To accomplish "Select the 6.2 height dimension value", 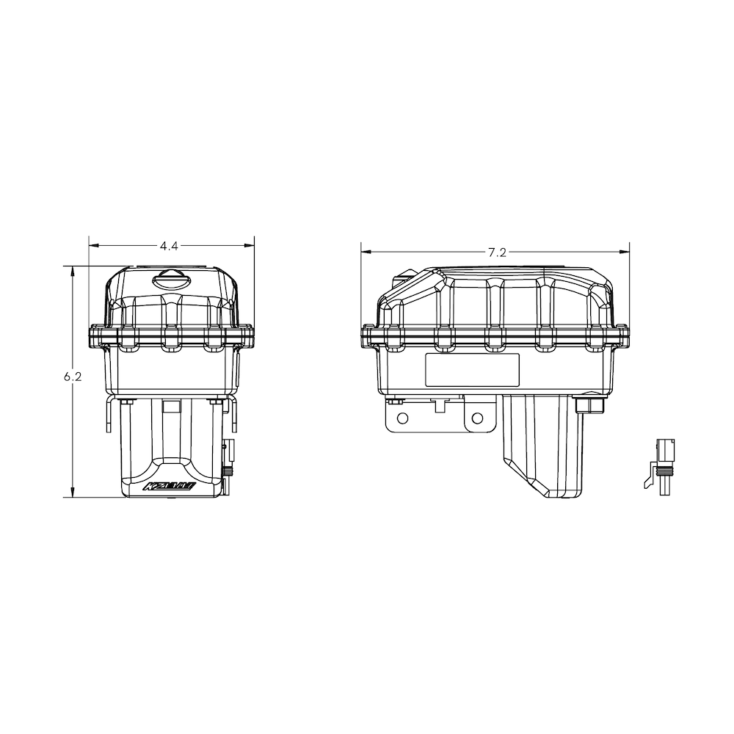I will [x=72, y=377].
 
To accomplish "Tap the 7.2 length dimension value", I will [x=497, y=252].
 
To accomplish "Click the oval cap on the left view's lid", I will [x=170, y=279].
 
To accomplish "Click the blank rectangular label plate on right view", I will [x=473, y=368].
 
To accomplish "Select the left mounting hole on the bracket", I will [x=401, y=417].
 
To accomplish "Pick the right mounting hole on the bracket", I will [x=478, y=418].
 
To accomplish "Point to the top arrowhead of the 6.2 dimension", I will [x=72, y=271].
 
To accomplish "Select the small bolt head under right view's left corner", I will [x=395, y=401].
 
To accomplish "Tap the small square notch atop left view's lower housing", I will [x=171, y=405].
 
